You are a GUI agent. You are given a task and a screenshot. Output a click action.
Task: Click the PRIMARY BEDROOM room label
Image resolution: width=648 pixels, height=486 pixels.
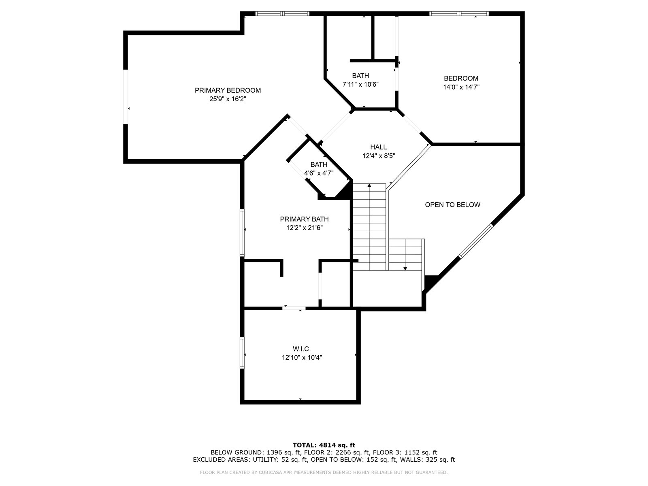click(228, 90)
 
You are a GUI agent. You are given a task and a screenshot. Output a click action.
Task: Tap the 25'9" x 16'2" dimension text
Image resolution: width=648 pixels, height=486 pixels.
click(228, 99)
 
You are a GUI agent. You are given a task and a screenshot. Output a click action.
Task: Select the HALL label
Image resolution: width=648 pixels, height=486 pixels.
click(378, 147)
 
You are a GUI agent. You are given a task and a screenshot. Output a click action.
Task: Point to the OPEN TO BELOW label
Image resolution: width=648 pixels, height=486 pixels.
click(452, 205)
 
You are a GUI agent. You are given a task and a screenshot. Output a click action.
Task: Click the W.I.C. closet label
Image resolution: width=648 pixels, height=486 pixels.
click(302, 349)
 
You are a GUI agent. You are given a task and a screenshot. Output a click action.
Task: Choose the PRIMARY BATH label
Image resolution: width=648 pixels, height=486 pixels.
click(304, 219)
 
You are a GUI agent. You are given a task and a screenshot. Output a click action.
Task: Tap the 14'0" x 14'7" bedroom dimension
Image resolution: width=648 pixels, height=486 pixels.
click(461, 87)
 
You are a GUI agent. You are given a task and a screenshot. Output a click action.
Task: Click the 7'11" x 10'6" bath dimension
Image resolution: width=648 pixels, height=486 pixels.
click(360, 85)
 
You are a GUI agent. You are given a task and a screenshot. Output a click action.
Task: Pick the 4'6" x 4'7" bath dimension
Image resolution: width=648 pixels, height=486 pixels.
click(319, 173)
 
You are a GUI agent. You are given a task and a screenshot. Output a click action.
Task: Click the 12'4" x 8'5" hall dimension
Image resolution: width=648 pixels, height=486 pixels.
click(378, 156)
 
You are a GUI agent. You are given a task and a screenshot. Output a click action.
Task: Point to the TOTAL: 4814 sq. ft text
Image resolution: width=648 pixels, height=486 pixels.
click(324, 445)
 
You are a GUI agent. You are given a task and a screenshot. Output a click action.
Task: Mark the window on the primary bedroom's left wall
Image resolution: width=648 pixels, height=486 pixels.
click(126, 97)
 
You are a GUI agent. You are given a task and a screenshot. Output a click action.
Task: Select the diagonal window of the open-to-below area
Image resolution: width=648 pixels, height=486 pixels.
click(475, 241)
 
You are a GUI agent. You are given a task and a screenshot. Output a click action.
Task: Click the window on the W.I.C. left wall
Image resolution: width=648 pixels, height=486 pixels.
click(242, 353)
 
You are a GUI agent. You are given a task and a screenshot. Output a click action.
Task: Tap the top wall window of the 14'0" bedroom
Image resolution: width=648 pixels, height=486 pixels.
click(459, 14)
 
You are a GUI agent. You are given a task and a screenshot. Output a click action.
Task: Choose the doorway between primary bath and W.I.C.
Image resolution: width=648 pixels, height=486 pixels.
click(294, 308)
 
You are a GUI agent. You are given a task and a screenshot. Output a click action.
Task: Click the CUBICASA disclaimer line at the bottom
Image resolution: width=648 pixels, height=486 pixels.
click(324, 472)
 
